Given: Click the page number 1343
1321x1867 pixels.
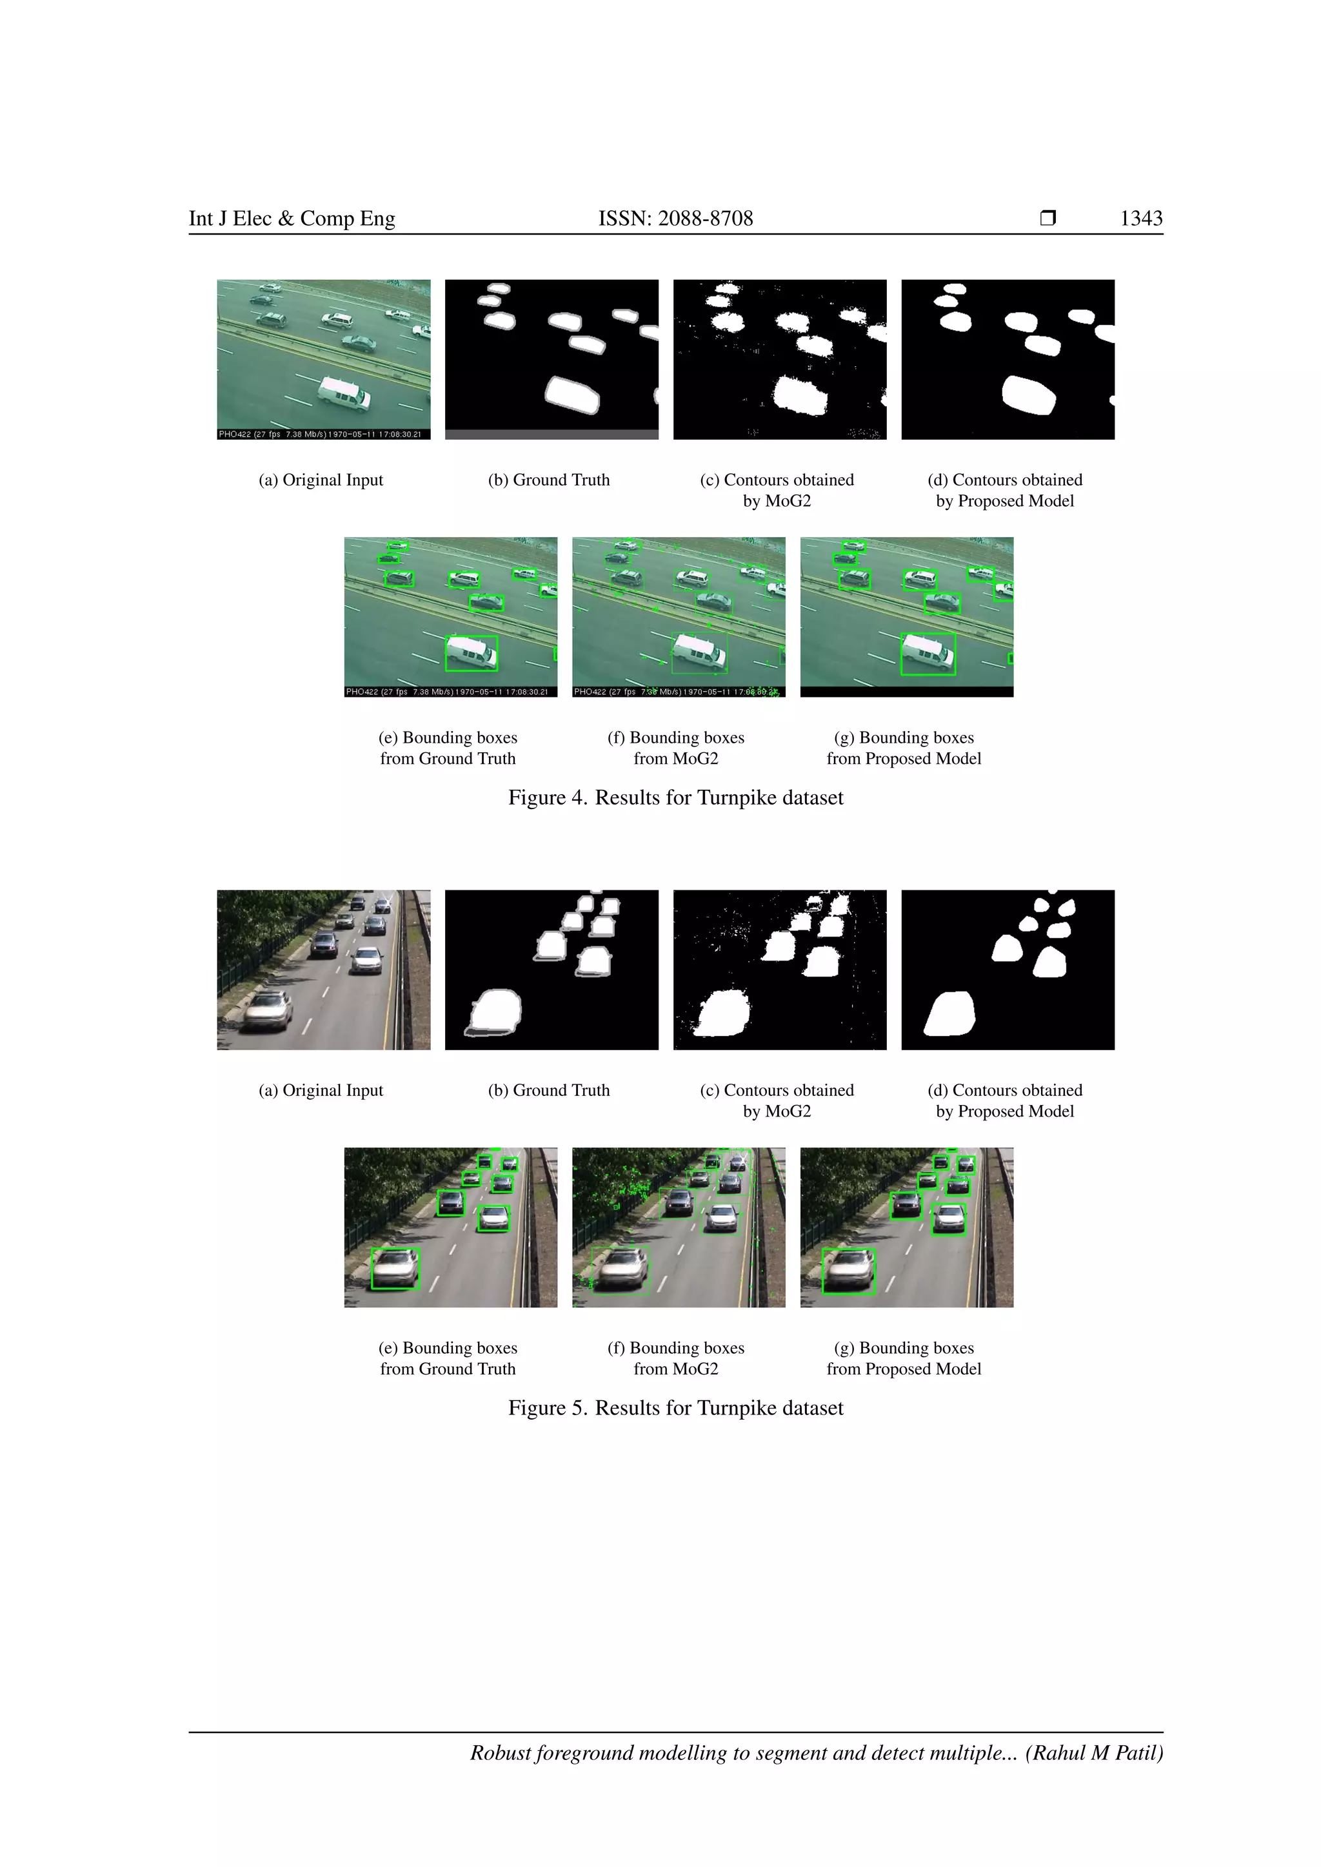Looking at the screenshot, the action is (1140, 218).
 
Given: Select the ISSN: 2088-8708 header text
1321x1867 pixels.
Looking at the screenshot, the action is (675, 218).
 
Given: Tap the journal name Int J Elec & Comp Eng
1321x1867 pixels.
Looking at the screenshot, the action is (292, 218).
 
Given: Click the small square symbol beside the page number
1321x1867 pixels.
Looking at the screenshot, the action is (1048, 218).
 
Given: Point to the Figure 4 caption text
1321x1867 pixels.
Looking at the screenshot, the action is (675, 797).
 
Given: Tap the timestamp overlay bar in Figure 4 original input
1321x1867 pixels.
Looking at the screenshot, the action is (323, 435).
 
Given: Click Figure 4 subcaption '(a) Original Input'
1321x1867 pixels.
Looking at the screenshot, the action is (321, 480).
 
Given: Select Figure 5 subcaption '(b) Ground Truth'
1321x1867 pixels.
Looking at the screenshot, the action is (549, 1090).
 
